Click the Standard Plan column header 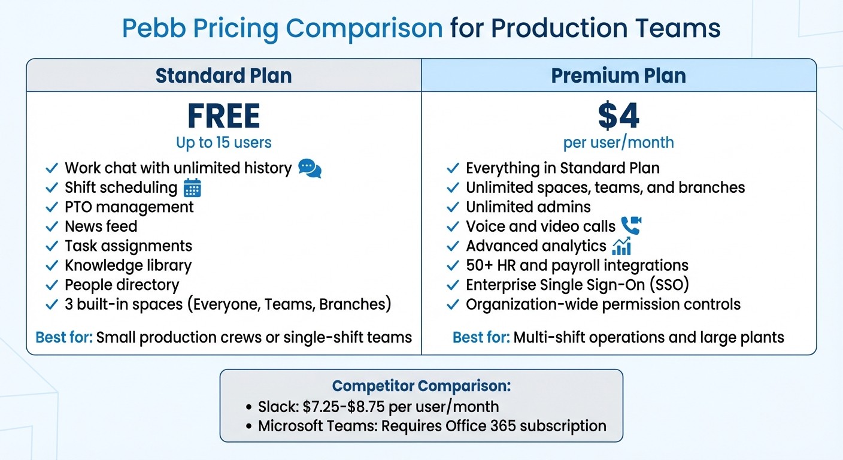223,75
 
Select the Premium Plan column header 618,75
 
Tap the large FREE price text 223,116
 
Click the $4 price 618,116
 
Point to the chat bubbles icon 310,168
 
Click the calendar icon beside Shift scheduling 192,188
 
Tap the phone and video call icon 630,226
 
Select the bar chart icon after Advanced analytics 621,246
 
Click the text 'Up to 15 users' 223,143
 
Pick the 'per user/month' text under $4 618,143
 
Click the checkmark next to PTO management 52,207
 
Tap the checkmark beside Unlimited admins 453,207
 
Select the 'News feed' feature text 101,226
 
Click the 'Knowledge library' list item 128,265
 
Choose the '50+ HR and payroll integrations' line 577,265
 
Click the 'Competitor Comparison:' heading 421,386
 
